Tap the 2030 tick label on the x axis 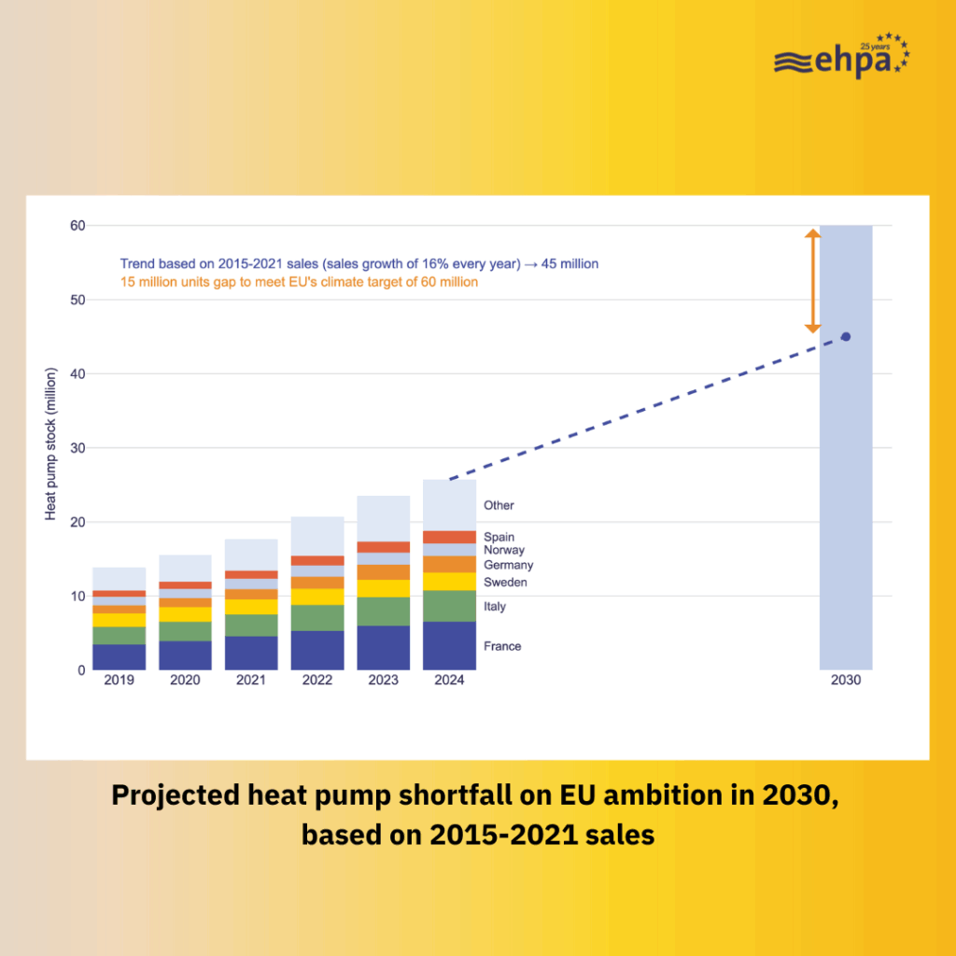846,681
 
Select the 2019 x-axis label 119,681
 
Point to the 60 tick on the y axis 77,226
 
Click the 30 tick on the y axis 77,448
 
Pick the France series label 502,646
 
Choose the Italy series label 495,607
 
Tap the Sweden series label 505,583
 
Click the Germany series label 508,565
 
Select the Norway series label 504,550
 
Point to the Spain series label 499,537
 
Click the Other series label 499,505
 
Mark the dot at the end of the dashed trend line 846,336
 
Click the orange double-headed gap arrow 812,281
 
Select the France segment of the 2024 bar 449,646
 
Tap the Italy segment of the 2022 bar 317,618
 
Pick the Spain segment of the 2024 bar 449,537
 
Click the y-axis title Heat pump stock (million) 51,444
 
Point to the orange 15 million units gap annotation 299,282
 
